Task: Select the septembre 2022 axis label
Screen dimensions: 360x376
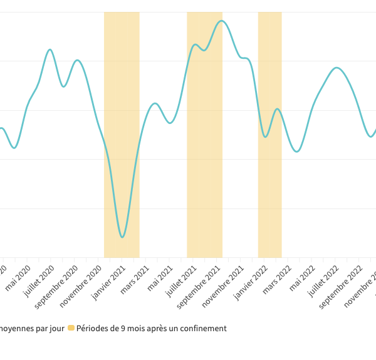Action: [342, 285]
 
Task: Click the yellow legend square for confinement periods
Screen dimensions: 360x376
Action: [71, 328]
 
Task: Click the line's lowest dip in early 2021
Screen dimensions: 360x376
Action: [122, 237]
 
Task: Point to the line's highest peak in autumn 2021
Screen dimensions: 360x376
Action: [221, 21]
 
